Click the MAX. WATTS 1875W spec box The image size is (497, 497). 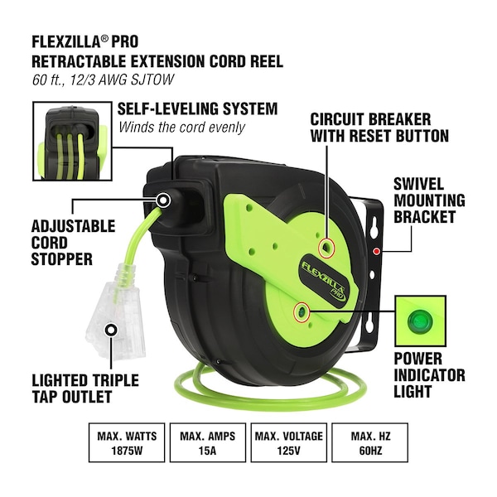(x=127, y=442)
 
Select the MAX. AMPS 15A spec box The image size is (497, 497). (x=208, y=442)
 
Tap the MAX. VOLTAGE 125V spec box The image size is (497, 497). (x=289, y=442)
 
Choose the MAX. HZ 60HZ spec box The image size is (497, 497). (x=370, y=442)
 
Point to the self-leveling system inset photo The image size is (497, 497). (x=72, y=141)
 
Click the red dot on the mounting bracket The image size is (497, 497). (x=376, y=251)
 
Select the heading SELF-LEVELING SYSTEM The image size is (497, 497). (x=197, y=109)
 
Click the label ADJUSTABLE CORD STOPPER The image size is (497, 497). (x=73, y=243)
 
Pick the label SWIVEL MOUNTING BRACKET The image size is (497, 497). (x=429, y=200)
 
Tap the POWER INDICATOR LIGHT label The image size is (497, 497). (x=429, y=375)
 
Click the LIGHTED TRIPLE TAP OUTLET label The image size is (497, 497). (x=85, y=388)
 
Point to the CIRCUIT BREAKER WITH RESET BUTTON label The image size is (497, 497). (x=379, y=128)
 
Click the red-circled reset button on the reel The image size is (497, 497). (x=326, y=247)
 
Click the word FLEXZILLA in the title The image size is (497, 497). (x=66, y=41)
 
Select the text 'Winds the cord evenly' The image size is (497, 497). (x=181, y=128)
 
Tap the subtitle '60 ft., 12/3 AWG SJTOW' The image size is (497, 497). (x=103, y=80)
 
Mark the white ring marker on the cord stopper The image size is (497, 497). (x=163, y=200)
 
